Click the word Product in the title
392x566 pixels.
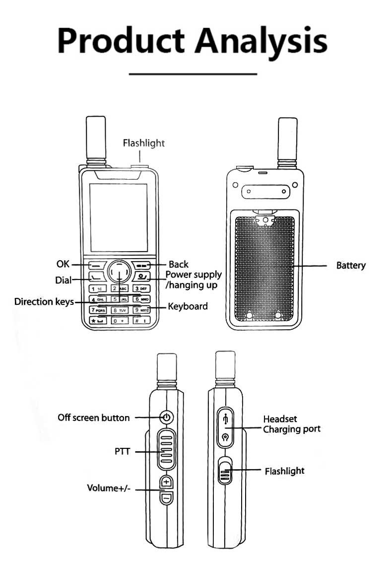(122, 40)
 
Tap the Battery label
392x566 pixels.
(350, 266)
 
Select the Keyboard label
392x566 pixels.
(188, 306)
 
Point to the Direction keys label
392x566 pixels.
(44, 301)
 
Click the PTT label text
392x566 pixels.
(122, 451)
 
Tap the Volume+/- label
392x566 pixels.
(109, 488)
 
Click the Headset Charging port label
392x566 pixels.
(291, 424)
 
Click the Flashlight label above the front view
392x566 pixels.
(143, 143)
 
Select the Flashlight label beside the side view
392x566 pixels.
(284, 471)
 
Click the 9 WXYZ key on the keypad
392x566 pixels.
(141, 310)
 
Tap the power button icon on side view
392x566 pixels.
(167, 417)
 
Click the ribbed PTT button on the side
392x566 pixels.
(166, 450)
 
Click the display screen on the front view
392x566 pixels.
(118, 216)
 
